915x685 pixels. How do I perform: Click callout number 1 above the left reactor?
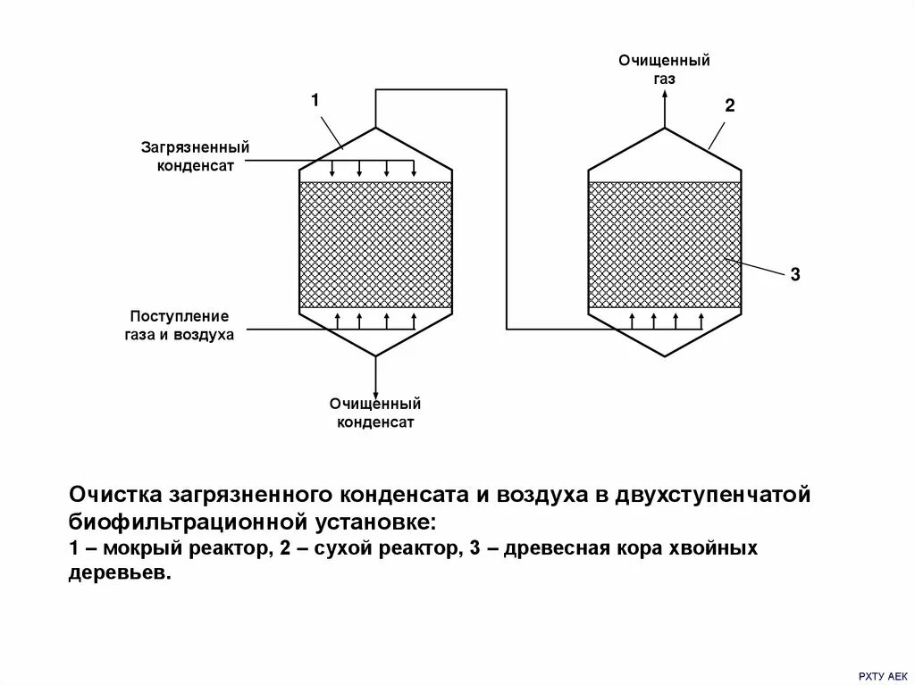click(315, 100)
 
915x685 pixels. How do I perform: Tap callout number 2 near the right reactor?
click(729, 106)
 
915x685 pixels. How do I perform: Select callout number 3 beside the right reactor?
click(794, 276)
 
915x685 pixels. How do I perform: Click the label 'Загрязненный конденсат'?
click(194, 155)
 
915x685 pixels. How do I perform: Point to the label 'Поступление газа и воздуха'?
click(179, 325)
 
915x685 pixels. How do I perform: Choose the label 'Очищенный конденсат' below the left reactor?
click(374, 413)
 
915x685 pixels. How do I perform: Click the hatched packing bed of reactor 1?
click(375, 244)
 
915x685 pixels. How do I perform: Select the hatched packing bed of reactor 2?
click(665, 244)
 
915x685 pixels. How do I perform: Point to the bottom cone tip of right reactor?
click(665, 356)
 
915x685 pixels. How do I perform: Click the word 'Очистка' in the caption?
click(112, 495)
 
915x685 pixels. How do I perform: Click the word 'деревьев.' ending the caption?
click(118, 573)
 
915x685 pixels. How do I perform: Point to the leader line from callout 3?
click(754, 266)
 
